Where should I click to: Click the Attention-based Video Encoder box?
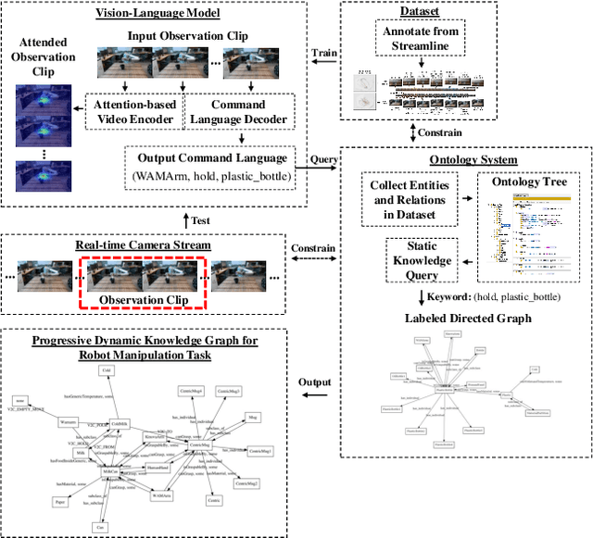135,113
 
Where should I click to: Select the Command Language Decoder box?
239,113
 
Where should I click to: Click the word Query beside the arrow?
323,160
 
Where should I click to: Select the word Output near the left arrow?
316,383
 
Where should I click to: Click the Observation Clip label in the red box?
144,299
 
